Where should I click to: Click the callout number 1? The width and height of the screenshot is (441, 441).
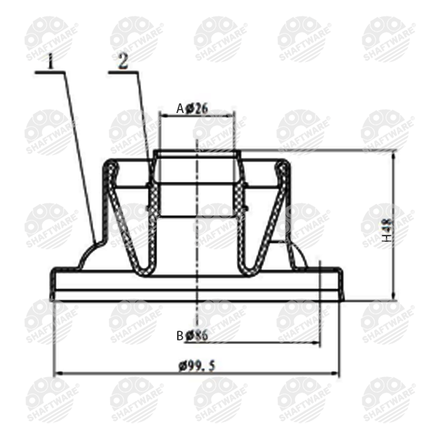(x=50, y=61)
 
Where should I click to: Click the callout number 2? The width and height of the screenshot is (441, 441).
(x=123, y=61)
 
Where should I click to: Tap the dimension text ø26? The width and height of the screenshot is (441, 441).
(x=197, y=108)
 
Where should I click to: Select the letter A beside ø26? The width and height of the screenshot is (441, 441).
(x=180, y=109)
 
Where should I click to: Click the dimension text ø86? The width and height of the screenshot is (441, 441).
(x=196, y=336)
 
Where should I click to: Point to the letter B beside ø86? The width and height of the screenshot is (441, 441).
(x=180, y=336)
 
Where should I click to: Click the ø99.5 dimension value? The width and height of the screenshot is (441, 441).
(x=197, y=366)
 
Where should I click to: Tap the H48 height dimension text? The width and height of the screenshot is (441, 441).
(x=387, y=231)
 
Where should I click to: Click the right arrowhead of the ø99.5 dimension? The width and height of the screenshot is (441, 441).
(x=335, y=373)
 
